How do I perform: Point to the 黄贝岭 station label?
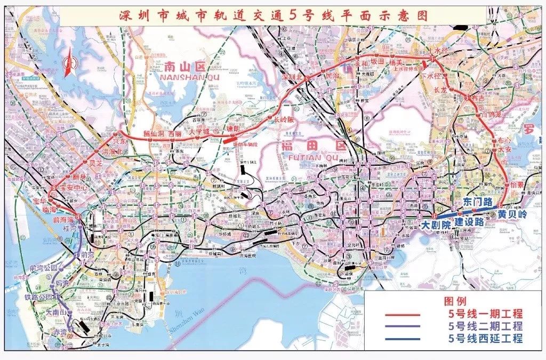coord(512,214)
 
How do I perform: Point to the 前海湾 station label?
coord(62,219)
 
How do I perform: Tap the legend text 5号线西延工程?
coord(485,339)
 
